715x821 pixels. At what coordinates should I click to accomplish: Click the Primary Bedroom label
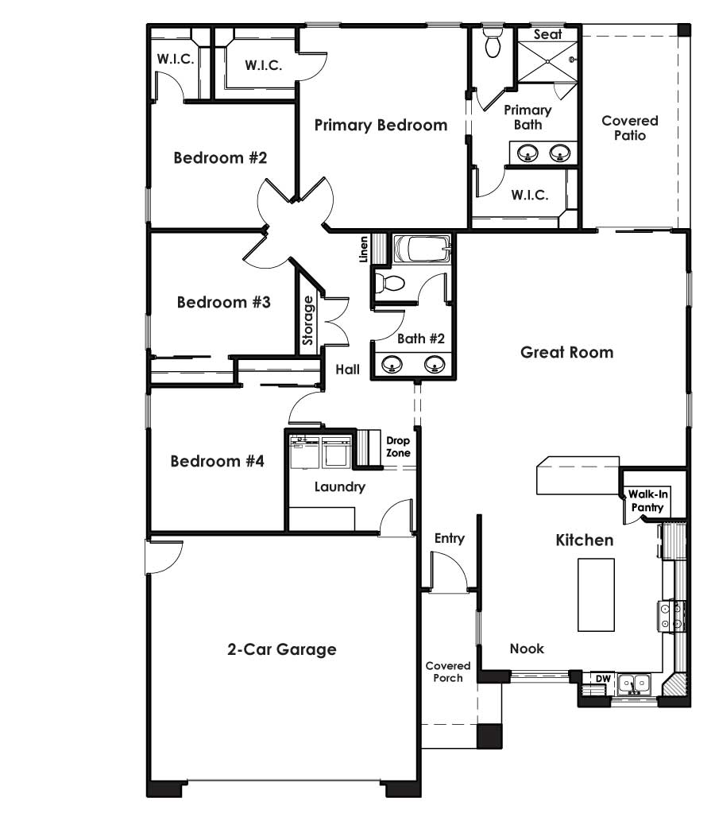381,125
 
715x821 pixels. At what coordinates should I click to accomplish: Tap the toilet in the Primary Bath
493,45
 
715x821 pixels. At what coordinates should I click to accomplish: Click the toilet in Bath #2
391,283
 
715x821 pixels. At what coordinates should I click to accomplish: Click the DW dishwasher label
603,679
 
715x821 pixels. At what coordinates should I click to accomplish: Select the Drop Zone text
398,447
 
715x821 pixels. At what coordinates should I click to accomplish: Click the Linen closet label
364,250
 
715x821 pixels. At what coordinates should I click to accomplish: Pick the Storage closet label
308,321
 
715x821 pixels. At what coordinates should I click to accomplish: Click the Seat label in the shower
547,34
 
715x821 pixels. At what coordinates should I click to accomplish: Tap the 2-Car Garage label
282,649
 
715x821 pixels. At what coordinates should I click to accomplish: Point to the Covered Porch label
447,672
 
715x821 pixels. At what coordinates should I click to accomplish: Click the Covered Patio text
629,128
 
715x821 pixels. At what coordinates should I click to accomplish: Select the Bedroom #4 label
217,461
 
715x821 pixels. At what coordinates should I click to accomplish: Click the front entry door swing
446,571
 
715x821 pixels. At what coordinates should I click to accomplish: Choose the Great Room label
566,351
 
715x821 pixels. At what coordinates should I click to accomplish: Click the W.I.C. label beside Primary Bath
529,195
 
